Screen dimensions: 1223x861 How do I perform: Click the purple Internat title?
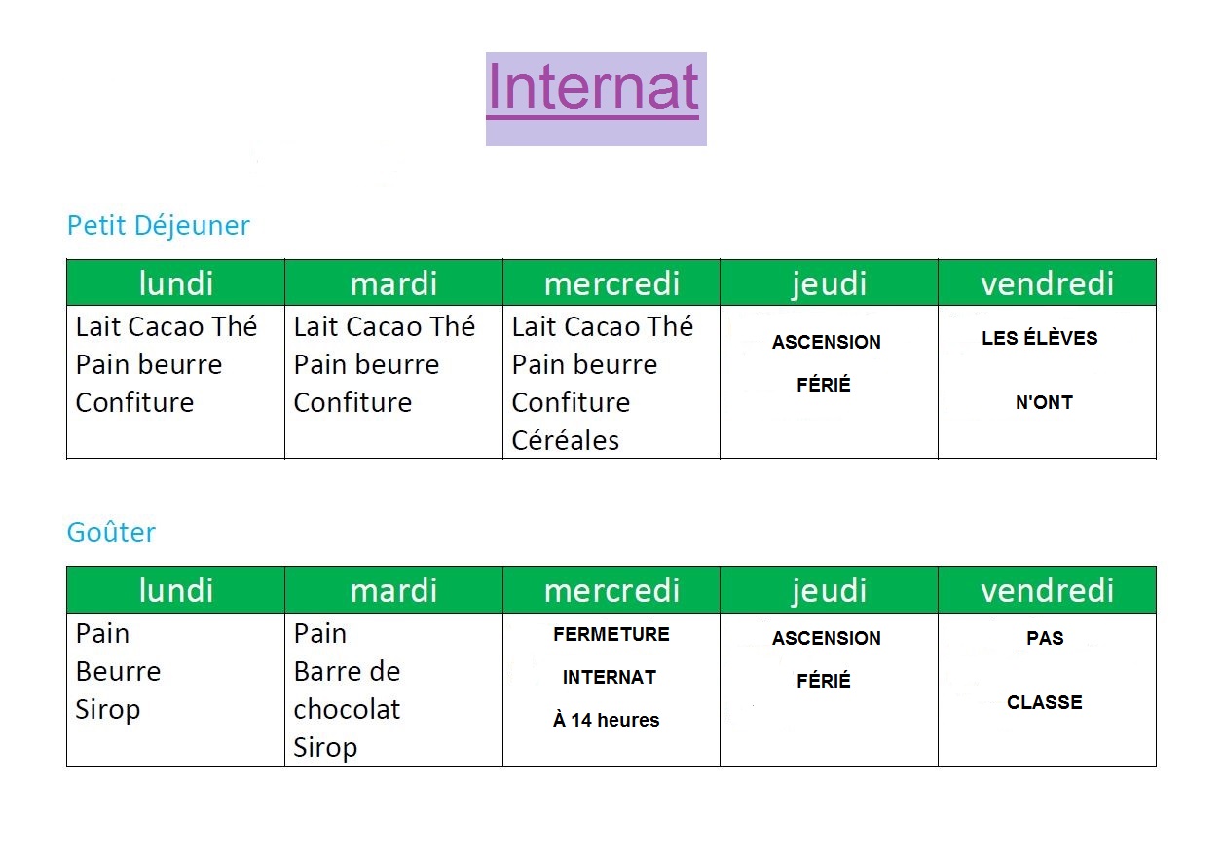pyautogui.click(x=592, y=87)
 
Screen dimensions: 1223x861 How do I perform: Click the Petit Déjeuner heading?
pyautogui.click(x=159, y=226)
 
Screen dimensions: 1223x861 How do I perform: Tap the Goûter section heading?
pyautogui.click(x=111, y=532)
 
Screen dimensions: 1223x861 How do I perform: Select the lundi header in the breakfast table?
pyautogui.click(x=176, y=283)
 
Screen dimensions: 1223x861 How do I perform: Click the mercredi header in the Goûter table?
pyautogui.click(x=611, y=591)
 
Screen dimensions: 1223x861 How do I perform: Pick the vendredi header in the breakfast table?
pyautogui.click(x=1047, y=283)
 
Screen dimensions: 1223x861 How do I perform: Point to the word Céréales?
pyautogui.click(x=565, y=440)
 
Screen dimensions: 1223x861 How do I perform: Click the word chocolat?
pyautogui.click(x=347, y=709)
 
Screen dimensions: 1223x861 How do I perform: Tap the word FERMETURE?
pyautogui.click(x=611, y=634)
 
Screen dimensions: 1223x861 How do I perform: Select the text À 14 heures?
pyautogui.click(x=606, y=720)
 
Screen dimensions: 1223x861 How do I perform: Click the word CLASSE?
pyautogui.click(x=1045, y=702)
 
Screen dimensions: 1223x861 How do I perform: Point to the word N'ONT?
pyautogui.click(x=1044, y=402)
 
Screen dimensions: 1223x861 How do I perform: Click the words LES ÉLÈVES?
pyautogui.click(x=1040, y=337)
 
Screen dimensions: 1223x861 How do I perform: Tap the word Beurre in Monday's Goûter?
pyautogui.click(x=118, y=671)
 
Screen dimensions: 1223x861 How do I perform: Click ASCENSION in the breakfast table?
pyautogui.click(x=826, y=342)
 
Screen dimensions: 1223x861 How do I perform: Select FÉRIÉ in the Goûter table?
pyautogui.click(x=824, y=680)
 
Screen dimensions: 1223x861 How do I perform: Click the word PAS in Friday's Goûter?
pyautogui.click(x=1045, y=638)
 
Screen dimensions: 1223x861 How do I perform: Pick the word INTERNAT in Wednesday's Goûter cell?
pyautogui.click(x=610, y=678)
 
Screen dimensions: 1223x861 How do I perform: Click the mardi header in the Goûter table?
pyautogui.click(x=393, y=591)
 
